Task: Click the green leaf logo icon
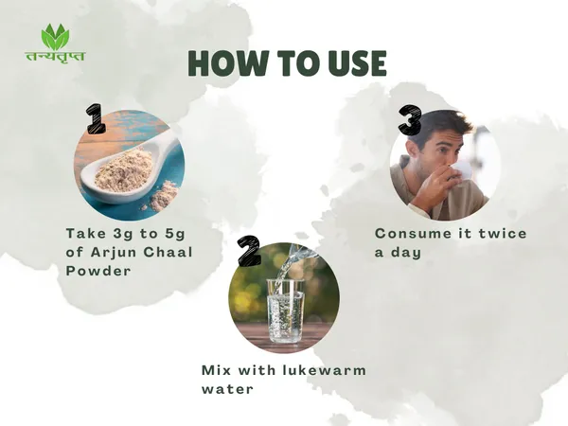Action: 56,37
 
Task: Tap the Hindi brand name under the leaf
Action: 55,57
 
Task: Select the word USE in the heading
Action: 357,62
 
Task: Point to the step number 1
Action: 96,118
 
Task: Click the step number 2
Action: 248,250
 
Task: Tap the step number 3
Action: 410,119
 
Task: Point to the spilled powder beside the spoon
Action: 163,198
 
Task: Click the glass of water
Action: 285,311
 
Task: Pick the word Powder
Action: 98,271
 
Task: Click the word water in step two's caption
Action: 227,390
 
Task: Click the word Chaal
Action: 169,252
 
